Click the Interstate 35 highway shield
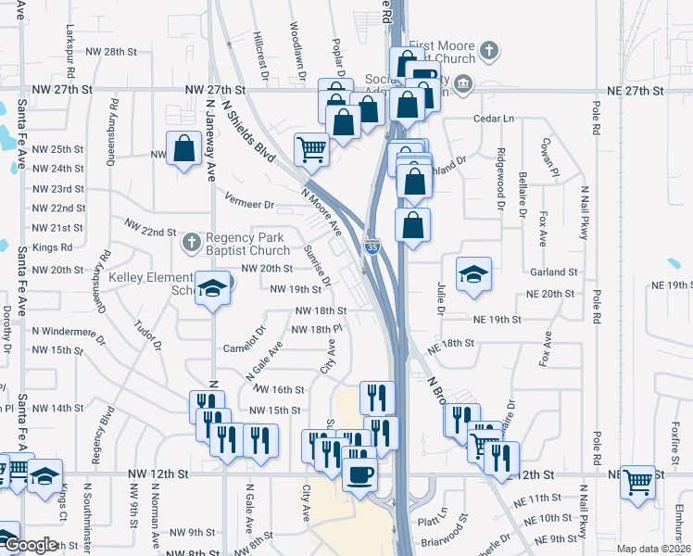pos(372,246)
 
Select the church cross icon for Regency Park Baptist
pos(192,243)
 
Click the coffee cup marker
pos(360,475)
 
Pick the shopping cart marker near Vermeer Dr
pos(312,148)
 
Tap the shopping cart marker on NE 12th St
pos(638,480)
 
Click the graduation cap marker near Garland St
pos(473,273)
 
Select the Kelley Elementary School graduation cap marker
pos(212,287)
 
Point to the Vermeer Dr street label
pos(250,204)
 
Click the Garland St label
pos(554,272)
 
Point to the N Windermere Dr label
pos(64,331)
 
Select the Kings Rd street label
pos(52,247)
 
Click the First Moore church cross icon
pos(490,51)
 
